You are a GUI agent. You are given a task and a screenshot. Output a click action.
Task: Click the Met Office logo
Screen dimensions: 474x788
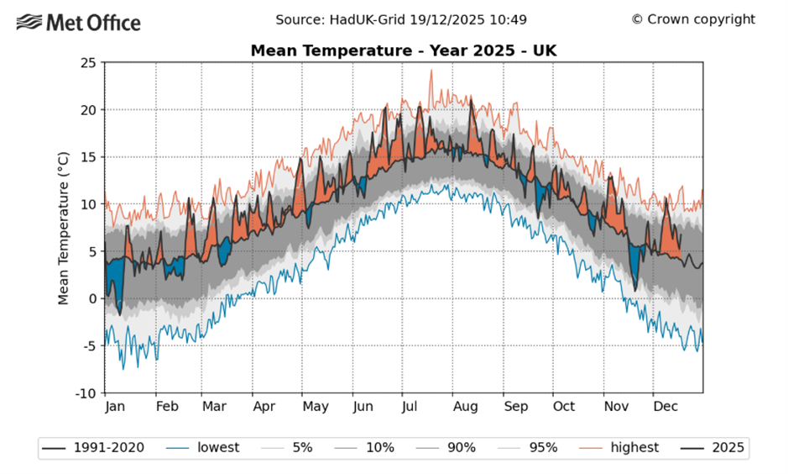click(x=80, y=23)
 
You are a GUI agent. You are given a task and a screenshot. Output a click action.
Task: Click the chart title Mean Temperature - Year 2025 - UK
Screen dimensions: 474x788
click(x=404, y=51)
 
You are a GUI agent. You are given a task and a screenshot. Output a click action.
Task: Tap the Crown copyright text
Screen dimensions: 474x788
click(x=693, y=19)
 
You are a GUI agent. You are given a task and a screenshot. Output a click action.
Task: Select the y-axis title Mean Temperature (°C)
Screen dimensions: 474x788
click(x=63, y=227)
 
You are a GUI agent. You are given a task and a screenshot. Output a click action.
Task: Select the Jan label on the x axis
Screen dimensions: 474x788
click(x=115, y=407)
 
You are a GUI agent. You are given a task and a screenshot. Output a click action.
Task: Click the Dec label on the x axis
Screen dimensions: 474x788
click(x=665, y=407)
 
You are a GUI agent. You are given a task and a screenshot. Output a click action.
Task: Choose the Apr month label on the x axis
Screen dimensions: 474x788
click(x=264, y=407)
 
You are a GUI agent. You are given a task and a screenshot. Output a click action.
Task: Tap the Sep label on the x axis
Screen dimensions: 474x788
click(x=516, y=407)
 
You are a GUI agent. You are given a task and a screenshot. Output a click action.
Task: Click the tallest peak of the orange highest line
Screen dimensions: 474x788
click(x=431, y=71)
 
